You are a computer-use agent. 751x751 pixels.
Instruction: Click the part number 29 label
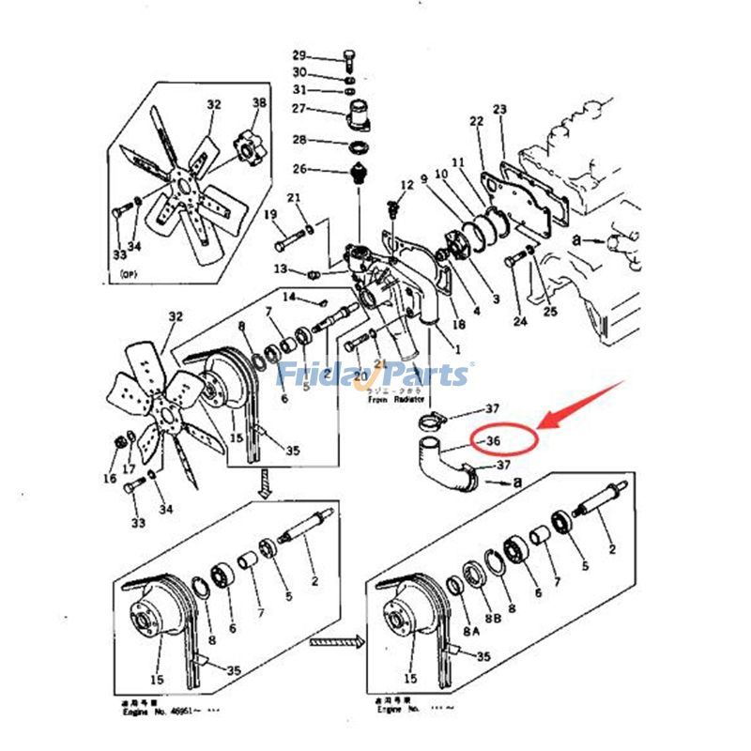coord(299,54)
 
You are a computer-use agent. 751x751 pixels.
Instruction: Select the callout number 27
coord(299,109)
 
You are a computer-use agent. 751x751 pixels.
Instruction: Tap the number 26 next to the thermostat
coord(299,169)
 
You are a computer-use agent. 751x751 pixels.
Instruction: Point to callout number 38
coord(259,102)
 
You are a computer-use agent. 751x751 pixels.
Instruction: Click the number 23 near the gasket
coord(499,110)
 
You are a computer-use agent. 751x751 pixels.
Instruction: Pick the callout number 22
coord(476,121)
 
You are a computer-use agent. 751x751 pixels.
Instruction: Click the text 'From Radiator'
coord(390,399)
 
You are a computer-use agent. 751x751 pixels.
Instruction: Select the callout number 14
coord(290,297)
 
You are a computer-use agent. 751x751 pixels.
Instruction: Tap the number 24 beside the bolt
coord(519,320)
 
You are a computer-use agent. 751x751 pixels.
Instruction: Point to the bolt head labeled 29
coord(349,53)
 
